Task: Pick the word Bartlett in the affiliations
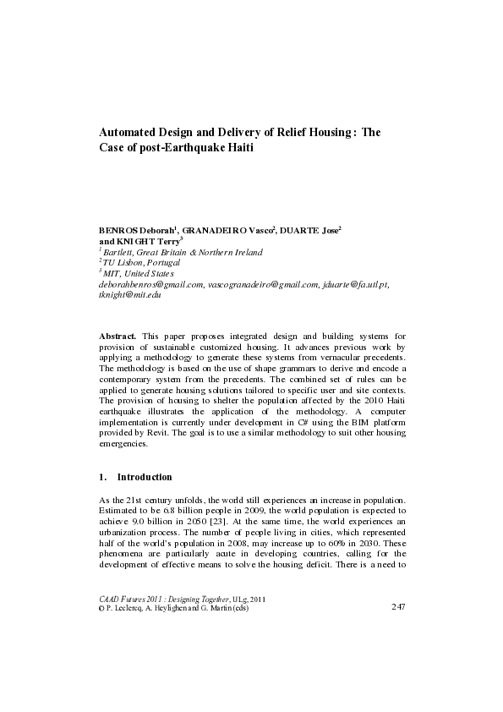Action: [120, 252]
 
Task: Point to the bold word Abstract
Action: [118, 337]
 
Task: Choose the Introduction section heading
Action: [145, 477]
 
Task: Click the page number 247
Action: [398, 607]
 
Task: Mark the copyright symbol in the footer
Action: [102, 607]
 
